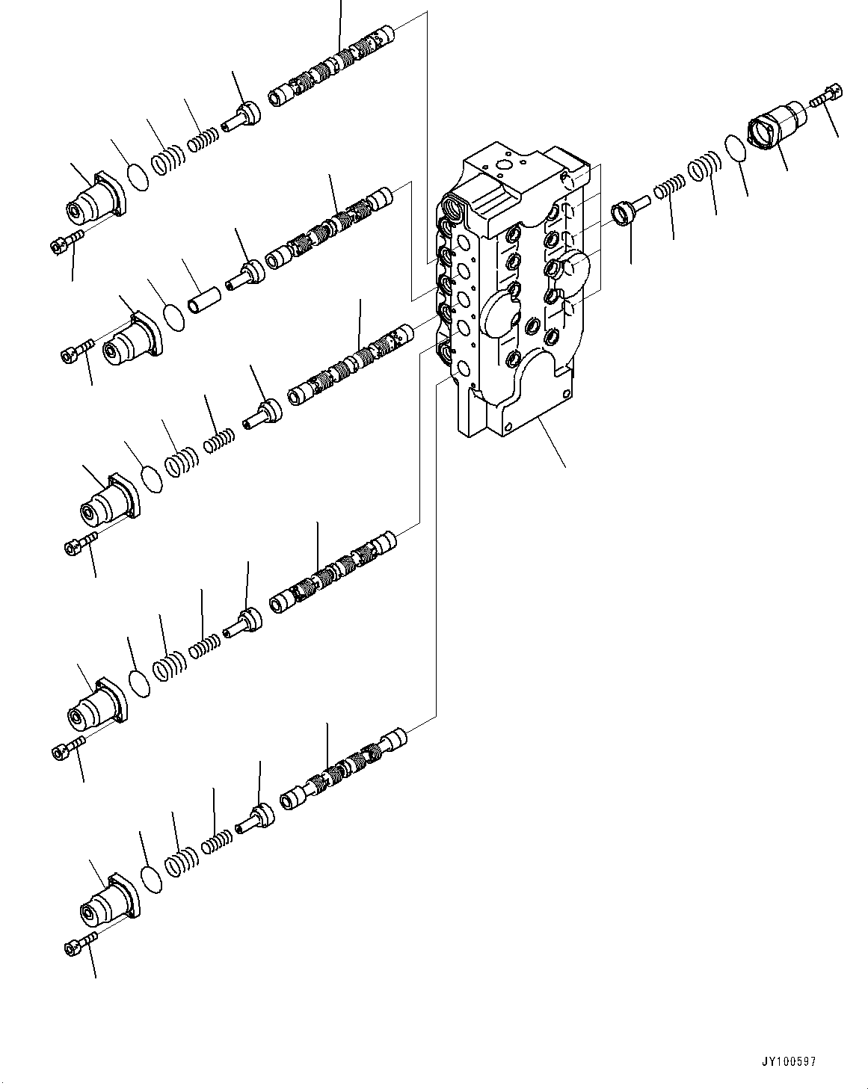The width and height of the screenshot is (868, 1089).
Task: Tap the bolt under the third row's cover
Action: tap(79, 547)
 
